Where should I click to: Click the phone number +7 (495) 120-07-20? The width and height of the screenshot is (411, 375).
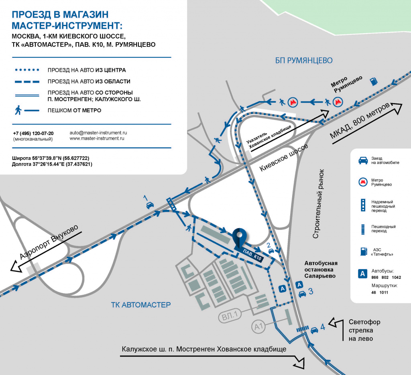point(33,133)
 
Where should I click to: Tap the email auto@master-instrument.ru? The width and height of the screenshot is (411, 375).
point(98,133)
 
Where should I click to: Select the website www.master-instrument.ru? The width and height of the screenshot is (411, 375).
point(97,138)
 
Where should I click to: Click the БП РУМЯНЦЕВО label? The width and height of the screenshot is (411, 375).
point(304,61)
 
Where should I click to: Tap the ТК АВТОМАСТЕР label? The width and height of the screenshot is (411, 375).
point(141,305)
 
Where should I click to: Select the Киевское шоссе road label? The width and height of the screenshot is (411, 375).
point(284,158)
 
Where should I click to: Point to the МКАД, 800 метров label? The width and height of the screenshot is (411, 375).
point(360,121)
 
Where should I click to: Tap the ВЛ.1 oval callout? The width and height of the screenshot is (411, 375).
point(230,316)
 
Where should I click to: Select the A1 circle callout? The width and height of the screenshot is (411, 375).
point(258,326)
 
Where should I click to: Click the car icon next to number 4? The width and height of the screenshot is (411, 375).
point(314,330)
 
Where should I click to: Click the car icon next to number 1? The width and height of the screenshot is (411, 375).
point(150,205)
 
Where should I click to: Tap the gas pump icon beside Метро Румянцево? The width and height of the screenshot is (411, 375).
point(374,81)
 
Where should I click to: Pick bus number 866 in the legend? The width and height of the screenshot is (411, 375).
point(375,277)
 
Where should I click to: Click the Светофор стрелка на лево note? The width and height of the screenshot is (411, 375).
point(364,330)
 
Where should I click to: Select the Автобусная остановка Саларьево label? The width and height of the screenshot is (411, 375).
point(321,270)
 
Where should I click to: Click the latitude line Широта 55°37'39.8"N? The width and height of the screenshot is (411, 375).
point(51,158)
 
